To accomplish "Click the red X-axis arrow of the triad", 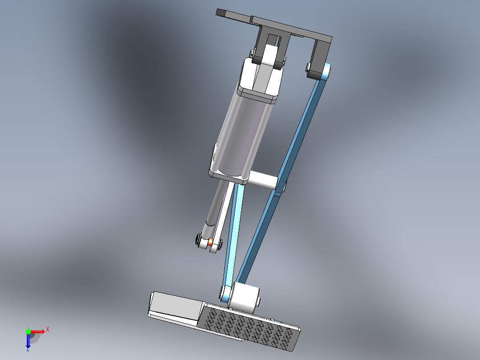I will [39, 331].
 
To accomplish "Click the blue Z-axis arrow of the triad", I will [28, 341].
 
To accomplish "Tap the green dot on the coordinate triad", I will [28, 331].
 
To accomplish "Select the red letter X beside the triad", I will [48, 329].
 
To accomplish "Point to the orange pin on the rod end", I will [210, 243].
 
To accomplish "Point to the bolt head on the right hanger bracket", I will [308, 68].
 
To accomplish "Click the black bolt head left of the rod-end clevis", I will [199, 240].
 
